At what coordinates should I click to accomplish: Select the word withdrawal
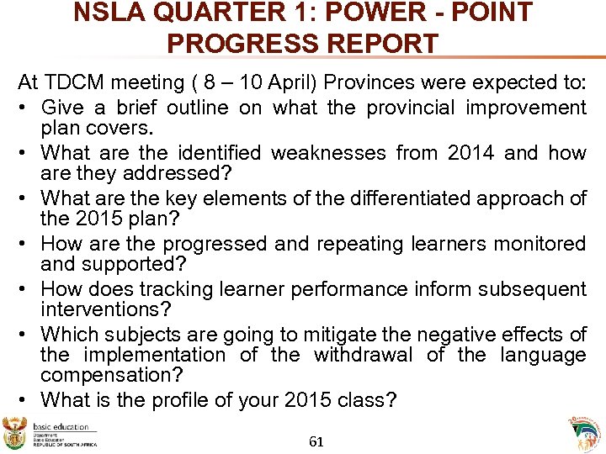tap(363, 354)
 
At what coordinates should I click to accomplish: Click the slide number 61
tap(316, 441)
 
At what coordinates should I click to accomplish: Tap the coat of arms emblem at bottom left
tap(15, 432)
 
